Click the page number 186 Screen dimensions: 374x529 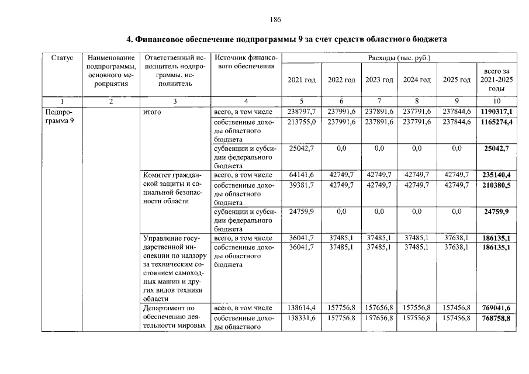[276, 20]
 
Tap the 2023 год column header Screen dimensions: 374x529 [379, 79]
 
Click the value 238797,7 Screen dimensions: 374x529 [302, 112]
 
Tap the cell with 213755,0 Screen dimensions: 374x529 [302, 122]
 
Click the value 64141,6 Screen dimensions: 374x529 [302, 175]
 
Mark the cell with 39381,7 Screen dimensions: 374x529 [302, 185]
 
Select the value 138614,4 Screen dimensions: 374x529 [302, 307]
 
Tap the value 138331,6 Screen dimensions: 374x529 [302, 318]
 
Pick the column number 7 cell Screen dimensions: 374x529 [379, 101]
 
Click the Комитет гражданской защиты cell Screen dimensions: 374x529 [174, 188]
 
